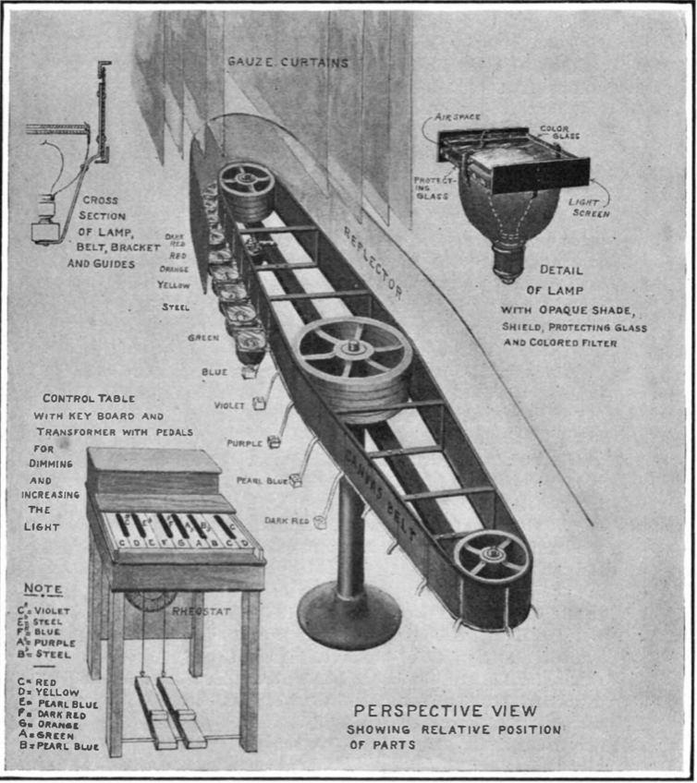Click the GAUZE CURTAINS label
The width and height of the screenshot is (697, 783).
(288, 62)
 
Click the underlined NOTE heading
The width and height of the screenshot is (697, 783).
(43, 588)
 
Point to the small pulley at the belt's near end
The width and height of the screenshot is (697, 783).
(491, 557)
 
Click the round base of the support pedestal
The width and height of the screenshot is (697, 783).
(349, 616)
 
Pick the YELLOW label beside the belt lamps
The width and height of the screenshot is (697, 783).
(173, 285)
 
